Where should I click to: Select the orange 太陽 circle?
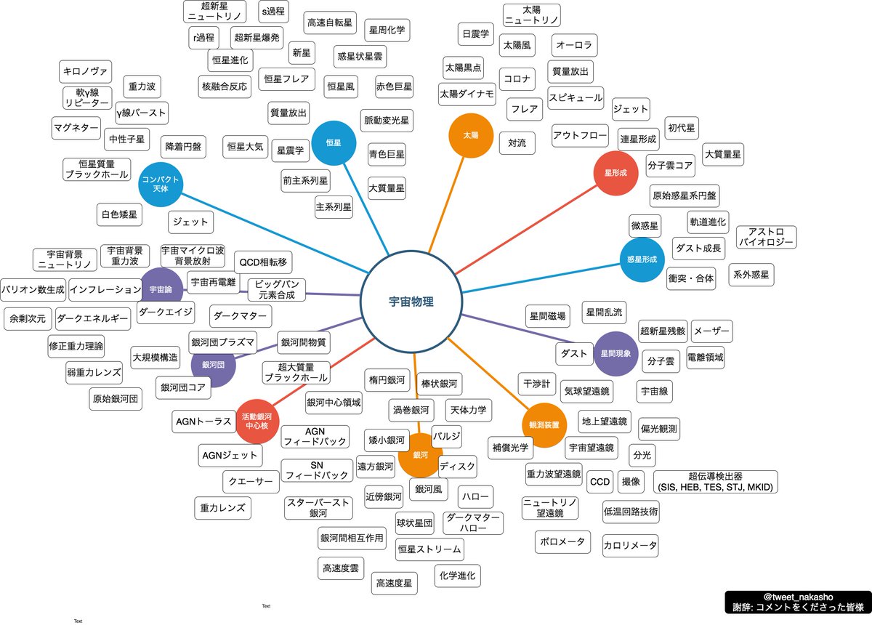[x=470, y=135]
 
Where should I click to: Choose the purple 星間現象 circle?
[x=615, y=353]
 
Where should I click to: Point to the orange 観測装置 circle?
[x=544, y=424]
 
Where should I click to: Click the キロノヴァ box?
[x=86, y=72]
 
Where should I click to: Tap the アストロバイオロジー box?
[x=766, y=237]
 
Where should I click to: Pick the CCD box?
[x=599, y=481]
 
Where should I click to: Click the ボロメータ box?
[x=564, y=542]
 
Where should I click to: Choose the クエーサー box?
[x=250, y=481]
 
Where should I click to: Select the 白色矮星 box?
[x=120, y=214]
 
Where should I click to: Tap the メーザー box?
[x=711, y=331]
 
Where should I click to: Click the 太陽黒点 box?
[x=463, y=67]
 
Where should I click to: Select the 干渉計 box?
[x=537, y=382]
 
